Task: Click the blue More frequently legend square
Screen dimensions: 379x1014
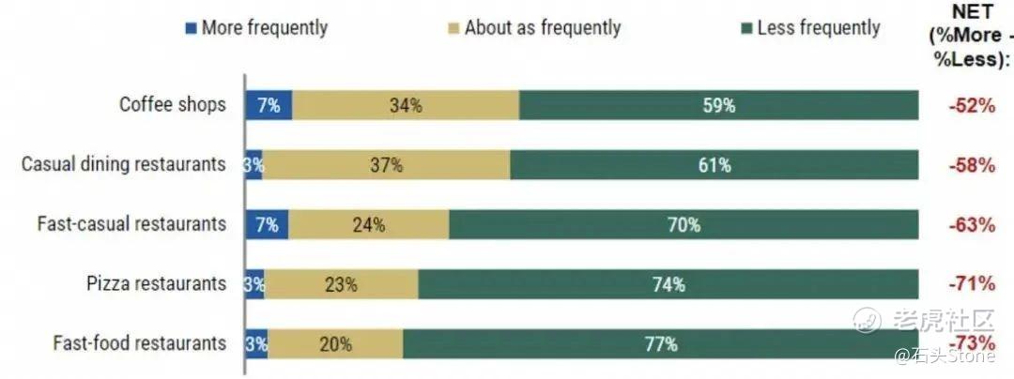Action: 192,28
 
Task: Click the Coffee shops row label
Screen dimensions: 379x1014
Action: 172,104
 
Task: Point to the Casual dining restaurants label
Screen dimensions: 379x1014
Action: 124,164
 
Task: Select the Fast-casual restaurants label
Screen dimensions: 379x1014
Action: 131,224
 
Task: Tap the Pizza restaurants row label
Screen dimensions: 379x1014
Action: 157,283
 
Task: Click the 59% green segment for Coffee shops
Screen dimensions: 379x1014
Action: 718,105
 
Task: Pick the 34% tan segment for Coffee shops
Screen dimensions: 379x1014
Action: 406,105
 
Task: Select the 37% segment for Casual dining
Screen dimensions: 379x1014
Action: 386,165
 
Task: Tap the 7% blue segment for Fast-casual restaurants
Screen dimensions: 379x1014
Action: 267,225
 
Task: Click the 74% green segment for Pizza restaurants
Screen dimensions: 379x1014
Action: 668,284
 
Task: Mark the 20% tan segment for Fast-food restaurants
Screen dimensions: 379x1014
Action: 335,344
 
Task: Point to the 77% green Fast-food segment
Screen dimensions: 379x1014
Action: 661,344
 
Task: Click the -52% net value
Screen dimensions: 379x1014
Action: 971,105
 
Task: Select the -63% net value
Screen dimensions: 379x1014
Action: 971,225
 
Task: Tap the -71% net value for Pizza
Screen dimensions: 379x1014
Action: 971,284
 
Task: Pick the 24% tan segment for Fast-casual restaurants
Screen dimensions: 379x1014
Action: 368,225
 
